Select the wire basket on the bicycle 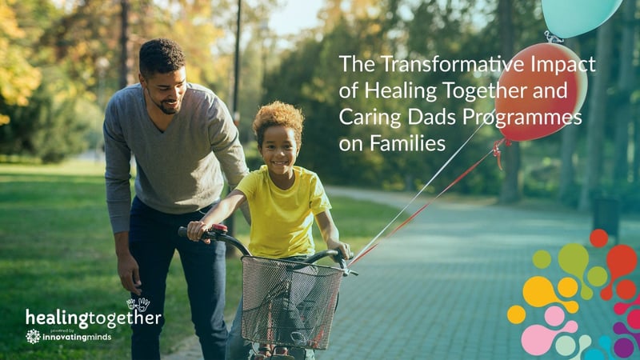291,301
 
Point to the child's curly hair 278,118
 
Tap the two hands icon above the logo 138,304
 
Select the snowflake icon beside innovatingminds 33,336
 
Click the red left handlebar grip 218,230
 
